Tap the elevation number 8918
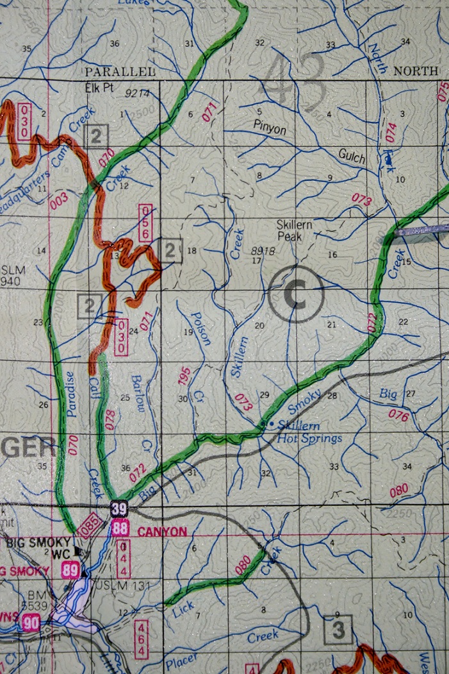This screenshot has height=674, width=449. (x=263, y=251)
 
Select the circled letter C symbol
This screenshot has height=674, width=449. (x=296, y=294)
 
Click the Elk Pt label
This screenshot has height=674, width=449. (x=99, y=88)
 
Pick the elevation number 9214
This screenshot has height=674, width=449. (x=137, y=94)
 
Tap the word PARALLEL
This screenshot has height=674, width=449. (x=120, y=71)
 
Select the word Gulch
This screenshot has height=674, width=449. (x=352, y=158)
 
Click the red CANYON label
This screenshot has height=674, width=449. (x=161, y=531)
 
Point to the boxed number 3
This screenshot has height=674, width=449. (x=338, y=630)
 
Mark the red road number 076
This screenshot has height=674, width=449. (x=398, y=416)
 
